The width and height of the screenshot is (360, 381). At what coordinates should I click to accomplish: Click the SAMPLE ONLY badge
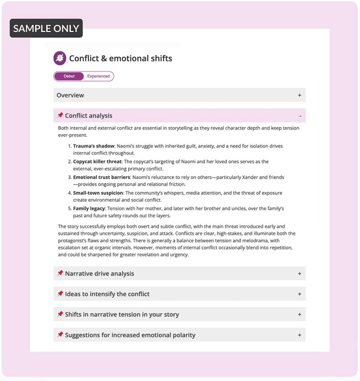46,28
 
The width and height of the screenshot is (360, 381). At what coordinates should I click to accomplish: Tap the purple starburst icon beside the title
60,58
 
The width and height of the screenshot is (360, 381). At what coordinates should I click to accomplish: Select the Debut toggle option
69,76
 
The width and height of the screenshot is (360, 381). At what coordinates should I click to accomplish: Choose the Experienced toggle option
98,76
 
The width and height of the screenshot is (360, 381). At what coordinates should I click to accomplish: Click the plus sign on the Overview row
299,95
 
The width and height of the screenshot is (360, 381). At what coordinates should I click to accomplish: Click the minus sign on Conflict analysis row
300,116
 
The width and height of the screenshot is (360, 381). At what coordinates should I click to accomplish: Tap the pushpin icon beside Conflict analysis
60,115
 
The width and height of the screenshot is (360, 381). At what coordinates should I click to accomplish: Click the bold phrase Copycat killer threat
97,162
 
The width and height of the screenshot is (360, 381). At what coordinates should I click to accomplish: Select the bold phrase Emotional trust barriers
102,177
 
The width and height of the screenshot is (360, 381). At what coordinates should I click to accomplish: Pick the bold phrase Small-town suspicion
98,193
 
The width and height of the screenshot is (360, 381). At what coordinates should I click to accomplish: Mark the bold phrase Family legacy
89,209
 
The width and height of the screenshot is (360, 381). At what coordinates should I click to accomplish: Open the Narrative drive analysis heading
99,273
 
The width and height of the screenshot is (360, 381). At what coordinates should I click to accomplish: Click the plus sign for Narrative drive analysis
299,273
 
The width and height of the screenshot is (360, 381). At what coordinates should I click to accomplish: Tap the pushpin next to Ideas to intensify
60,294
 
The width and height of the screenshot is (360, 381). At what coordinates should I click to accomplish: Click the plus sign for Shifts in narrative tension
299,314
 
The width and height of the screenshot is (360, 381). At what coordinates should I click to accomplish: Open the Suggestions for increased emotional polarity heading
130,335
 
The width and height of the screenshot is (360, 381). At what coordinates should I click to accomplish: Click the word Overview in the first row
70,95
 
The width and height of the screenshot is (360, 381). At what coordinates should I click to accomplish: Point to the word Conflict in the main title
84,58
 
